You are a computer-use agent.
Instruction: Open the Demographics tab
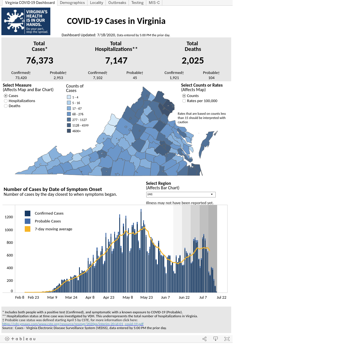(x=72, y=3)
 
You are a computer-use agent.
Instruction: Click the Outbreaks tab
(x=117, y=3)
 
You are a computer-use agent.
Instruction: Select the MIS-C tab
(x=154, y=3)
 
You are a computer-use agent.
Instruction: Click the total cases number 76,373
(x=40, y=60)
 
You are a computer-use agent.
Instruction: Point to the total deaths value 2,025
(x=193, y=60)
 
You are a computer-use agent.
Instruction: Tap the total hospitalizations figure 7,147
(x=116, y=60)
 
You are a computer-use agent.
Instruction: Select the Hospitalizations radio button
(x=6, y=101)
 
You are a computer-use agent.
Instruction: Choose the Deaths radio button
(x=6, y=106)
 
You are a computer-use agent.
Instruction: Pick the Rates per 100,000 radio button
(x=184, y=101)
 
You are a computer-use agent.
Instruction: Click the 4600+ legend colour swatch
(x=69, y=131)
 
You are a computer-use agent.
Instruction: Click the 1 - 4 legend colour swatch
(x=69, y=97)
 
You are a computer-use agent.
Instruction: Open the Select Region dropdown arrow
(x=212, y=194)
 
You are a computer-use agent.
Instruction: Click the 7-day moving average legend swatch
(x=28, y=229)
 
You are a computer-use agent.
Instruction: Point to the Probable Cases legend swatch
(x=28, y=221)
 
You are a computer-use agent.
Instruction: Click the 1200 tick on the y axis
(x=9, y=217)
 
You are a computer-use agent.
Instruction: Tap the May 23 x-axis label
(x=147, y=297)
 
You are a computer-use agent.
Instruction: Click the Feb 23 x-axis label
(x=33, y=297)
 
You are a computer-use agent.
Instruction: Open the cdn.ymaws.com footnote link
(x=73, y=324)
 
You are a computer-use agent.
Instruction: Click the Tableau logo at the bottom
(x=20, y=339)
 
